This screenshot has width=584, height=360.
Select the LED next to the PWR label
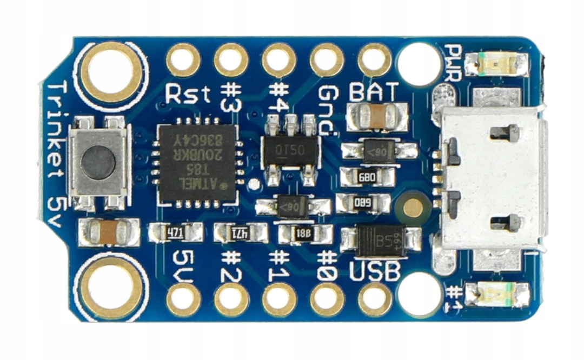496,64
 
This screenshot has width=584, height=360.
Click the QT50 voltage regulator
290,150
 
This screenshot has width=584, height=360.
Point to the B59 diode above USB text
381,241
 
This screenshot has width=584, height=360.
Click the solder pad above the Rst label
183,59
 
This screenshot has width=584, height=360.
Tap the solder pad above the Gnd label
327,59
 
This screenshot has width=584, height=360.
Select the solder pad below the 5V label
183,299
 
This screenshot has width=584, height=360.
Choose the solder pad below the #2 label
231,299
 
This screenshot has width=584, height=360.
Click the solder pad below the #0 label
327,299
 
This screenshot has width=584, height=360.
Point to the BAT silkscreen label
374,92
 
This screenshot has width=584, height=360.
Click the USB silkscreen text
375,270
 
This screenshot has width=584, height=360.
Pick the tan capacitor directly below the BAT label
377,115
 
